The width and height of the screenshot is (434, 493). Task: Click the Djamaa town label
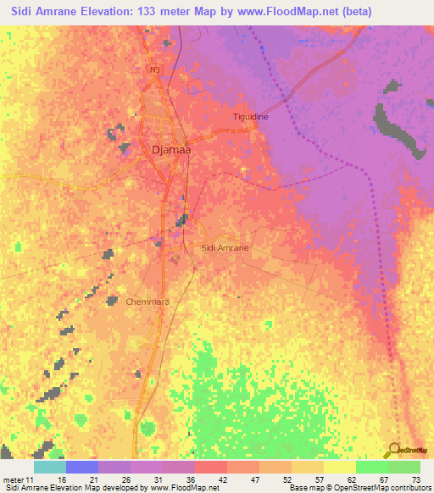(170, 150)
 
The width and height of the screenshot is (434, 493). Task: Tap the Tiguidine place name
(250, 117)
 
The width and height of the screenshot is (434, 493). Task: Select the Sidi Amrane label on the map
(225, 247)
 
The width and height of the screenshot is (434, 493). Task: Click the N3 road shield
(153, 69)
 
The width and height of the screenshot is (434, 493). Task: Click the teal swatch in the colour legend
(49, 467)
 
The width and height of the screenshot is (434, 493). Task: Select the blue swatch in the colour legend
(82, 467)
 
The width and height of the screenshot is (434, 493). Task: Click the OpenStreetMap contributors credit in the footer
(378, 487)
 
